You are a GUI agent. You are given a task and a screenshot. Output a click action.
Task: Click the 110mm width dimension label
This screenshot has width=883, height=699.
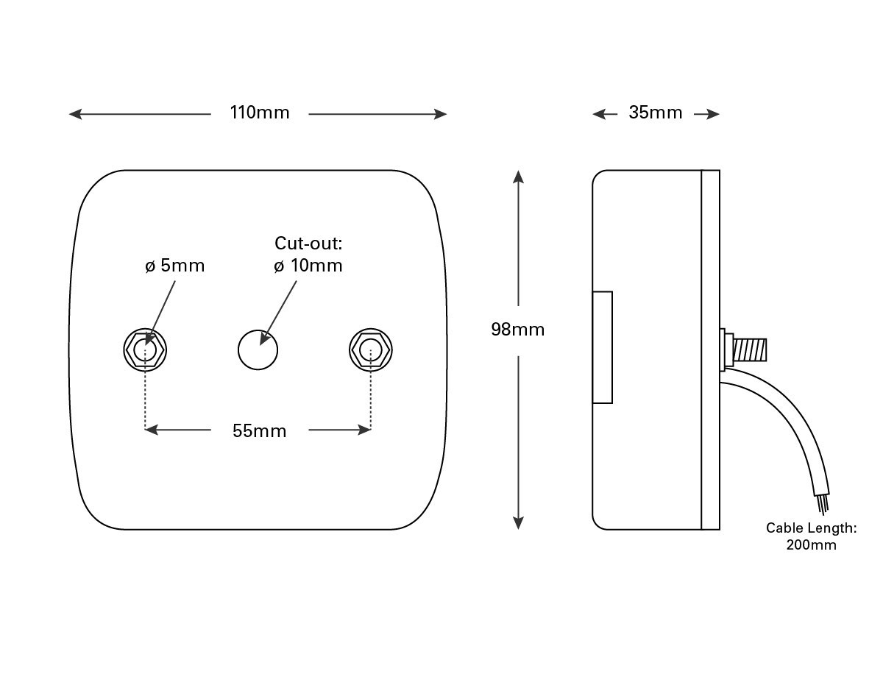(260, 113)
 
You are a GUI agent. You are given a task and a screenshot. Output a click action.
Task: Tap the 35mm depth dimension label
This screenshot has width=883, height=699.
(655, 113)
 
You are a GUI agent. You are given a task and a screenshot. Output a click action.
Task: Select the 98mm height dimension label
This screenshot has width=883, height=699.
(518, 330)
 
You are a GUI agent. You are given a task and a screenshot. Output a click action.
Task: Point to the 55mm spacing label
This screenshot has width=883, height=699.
(259, 431)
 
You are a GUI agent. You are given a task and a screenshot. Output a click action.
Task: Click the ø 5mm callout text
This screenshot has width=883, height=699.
(174, 266)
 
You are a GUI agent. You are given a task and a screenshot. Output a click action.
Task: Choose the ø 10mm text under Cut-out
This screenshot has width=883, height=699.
(308, 266)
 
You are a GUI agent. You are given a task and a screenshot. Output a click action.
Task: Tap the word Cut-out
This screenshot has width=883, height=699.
(308, 244)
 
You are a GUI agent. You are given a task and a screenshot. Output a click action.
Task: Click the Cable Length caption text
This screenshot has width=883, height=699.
(811, 528)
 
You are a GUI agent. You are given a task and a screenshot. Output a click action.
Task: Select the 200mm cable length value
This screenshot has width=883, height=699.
(811, 545)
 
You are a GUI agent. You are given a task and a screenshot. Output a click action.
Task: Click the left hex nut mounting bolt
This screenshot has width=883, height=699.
(146, 349)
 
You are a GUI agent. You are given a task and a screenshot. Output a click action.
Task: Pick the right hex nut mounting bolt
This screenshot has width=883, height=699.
(370, 349)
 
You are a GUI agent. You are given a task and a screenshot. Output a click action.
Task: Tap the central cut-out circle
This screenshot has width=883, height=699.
(258, 349)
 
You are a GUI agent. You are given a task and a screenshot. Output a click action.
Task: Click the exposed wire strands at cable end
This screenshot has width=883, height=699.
(823, 504)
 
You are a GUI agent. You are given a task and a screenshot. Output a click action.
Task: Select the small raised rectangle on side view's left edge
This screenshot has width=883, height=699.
(603, 347)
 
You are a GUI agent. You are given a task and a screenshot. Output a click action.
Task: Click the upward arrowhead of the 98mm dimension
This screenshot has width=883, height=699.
(518, 177)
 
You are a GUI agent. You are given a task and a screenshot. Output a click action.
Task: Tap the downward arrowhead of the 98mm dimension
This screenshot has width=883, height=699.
(518, 522)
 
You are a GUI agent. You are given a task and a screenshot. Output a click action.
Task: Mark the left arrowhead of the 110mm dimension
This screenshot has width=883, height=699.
(74, 114)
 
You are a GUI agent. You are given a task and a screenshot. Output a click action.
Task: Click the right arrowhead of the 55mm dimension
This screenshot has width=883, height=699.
(364, 430)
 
